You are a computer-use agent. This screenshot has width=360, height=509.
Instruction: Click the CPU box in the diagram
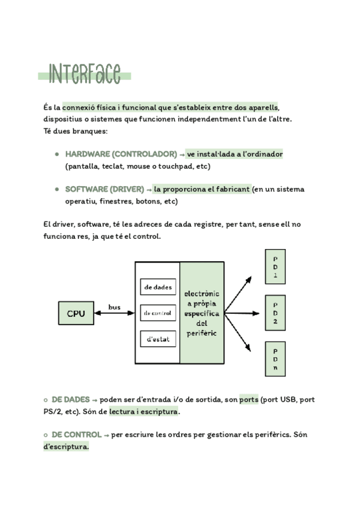pyautogui.click(x=76, y=313)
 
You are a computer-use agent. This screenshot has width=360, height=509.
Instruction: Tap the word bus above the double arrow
pyautogui.click(x=114, y=307)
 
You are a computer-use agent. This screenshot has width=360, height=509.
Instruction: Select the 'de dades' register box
pyautogui.click(x=158, y=288)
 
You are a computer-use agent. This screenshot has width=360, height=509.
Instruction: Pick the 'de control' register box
pyautogui.click(x=158, y=313)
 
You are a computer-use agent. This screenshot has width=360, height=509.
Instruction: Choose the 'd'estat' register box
pyautogui.click(x=158, y=339)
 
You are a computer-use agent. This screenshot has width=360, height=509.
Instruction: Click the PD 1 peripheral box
pyautogui.click(x=275, y=267)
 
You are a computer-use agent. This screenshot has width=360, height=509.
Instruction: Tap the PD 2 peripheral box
pyautogui.click(x=275, y=313)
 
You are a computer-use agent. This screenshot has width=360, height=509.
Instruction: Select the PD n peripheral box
pyautogui.click(x=275, y=359)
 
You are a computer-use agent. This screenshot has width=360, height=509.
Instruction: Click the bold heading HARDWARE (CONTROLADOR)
pyautogui.click(x=121, y=154)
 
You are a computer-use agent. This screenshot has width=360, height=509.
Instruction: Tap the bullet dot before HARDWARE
pyautogui.click(x=56, y=154)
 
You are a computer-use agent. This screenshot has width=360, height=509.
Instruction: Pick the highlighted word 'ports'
pyautogui.click(x=249, y=399)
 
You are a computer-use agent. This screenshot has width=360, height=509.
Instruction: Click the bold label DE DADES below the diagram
pyautogui.click(x=71, y=399)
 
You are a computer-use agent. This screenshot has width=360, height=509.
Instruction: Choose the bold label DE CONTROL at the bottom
pyautogui.click(x=76, y=434)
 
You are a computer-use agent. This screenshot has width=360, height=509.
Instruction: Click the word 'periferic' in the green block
pyautogui.click(x=202, y=333)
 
